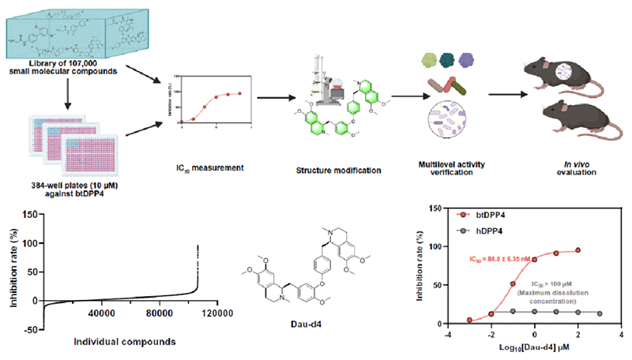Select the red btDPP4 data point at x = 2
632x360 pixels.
click(x=578, y=250)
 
